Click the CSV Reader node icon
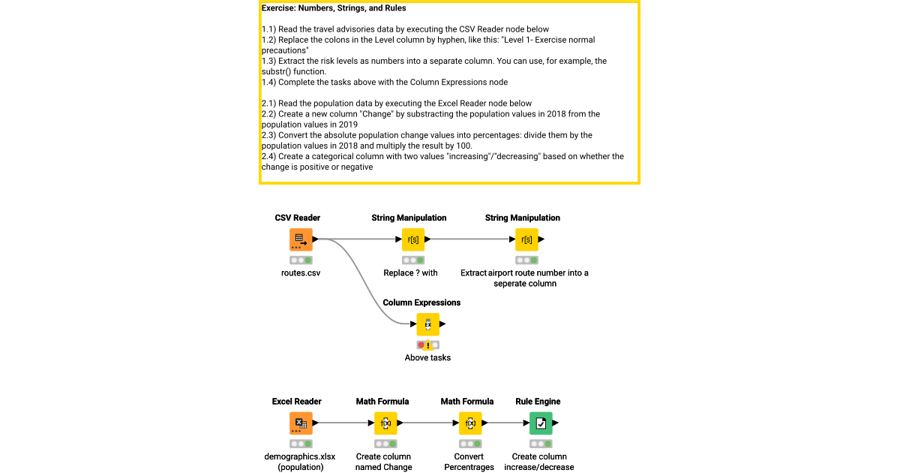301,240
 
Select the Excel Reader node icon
301,423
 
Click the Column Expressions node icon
427,324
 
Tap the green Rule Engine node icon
541,423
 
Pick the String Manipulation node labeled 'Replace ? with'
413,240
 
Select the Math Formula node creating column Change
385,423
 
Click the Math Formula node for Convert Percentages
470,423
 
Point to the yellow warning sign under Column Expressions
428,345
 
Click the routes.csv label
301,273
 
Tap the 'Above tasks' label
427,358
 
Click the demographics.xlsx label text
300,456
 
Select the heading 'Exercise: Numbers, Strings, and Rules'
334,9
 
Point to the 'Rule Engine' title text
538,402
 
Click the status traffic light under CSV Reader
301,260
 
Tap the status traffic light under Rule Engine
541,444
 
